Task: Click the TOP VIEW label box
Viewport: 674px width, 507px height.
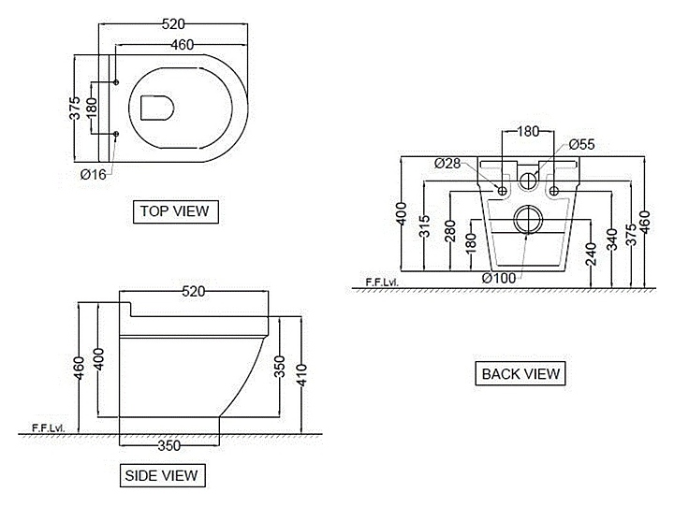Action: tap(174, 211)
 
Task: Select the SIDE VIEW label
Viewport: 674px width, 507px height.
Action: tap(162, 476)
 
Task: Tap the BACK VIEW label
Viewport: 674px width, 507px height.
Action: tap(520, 374)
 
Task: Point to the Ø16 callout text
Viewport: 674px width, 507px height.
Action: tap(94, 174)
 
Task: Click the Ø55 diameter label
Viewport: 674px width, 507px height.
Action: tap(581, 144)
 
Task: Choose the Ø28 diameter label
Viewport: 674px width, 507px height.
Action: tap(447, 164)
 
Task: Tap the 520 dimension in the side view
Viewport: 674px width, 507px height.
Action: tap(193, 293)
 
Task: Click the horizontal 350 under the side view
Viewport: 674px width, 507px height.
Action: tap(168, 446)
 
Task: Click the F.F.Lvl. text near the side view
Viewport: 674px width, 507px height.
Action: tap(48, 427)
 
